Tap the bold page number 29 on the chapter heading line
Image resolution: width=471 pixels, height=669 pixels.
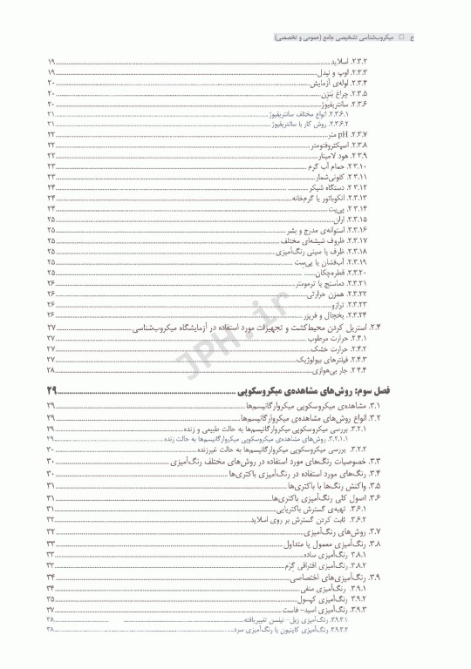[51, 389]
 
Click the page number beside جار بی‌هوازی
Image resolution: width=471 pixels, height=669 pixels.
[51, 369]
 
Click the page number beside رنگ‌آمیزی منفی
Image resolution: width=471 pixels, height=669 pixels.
[51, 589]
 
